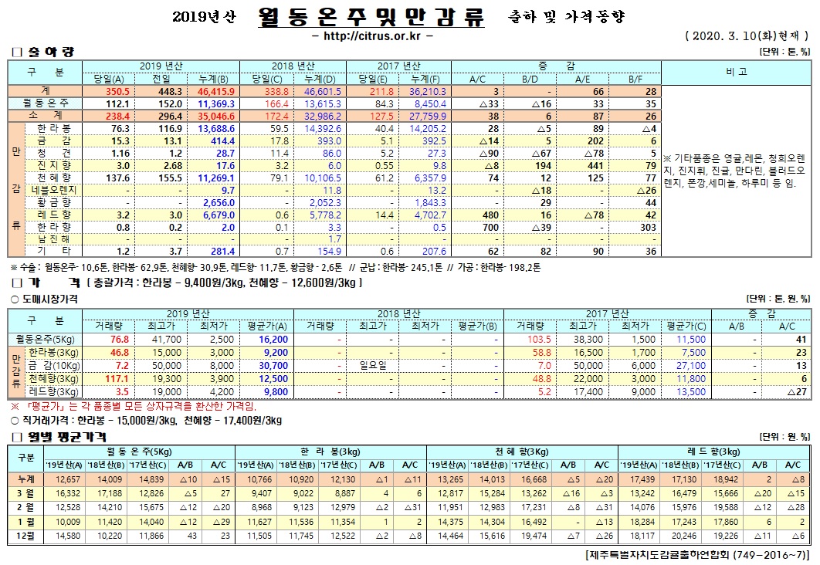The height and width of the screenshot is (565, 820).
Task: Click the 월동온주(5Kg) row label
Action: pyautogui.click(x=45, y=339)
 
